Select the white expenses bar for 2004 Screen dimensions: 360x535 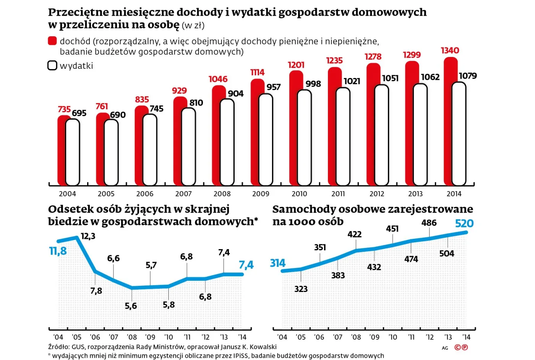[73, 153]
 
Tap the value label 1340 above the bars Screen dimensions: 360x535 [450, 50]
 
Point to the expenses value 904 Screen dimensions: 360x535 [235, 94]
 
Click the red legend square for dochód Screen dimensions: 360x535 [52, 41]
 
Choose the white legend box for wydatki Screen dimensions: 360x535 [52, 65]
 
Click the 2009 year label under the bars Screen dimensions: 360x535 [261, 194]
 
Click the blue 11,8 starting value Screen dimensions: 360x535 [58, 251]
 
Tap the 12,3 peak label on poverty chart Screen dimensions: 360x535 [88, 236]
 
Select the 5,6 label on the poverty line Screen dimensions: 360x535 [131, 306]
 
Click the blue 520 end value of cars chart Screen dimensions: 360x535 [464, 224]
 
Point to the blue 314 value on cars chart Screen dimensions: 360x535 [278, 263]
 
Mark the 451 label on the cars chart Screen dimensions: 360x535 [392, 229]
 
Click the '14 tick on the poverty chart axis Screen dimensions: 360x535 [242, 337]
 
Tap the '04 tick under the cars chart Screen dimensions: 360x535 [282, 337]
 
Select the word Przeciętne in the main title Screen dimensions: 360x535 [78, 12]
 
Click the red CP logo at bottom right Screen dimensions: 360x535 [461, 347]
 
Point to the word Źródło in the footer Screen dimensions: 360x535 [58, 347]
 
